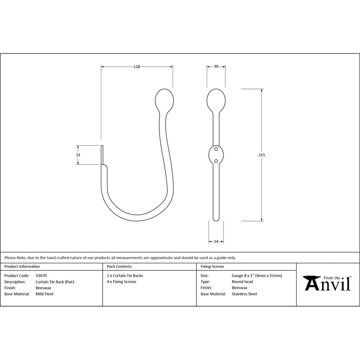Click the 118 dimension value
[x=137, y=67]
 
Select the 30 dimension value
[x=216, y=66]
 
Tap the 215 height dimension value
[x=262, y=155]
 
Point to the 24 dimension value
[x=216, y=242]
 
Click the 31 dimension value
[x=78, y=155]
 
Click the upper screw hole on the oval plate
[x=216, y=149]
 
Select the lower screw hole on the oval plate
[x=216, y=161]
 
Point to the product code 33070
[x=41, y=276]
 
